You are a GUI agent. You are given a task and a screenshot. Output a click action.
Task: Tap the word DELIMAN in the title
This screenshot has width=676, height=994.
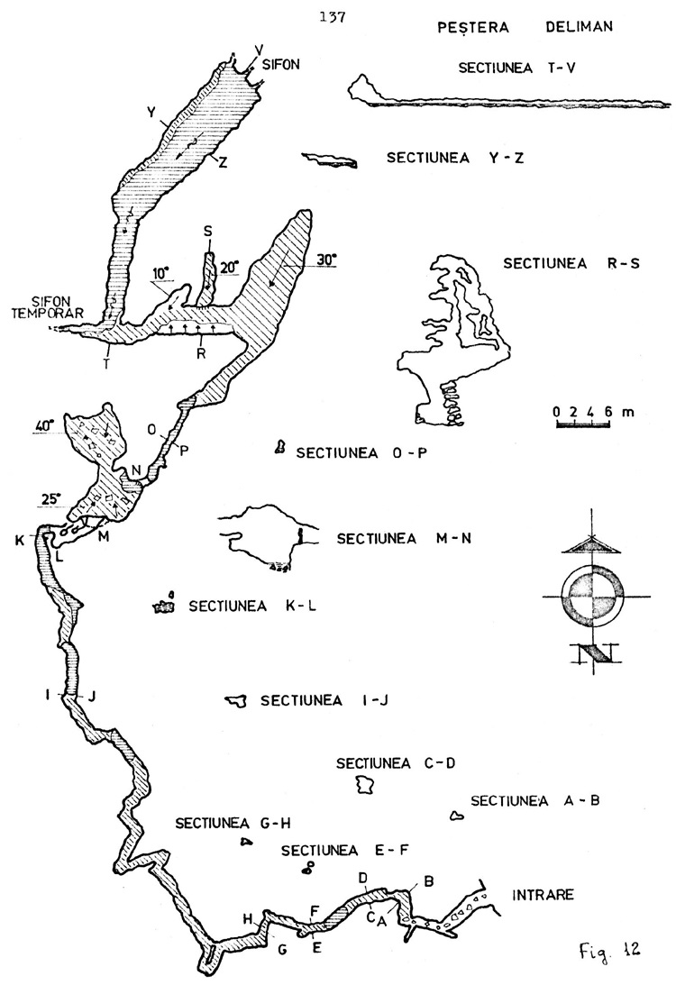click(579, 27)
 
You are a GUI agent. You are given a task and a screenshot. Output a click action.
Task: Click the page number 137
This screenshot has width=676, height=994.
click(333, 18)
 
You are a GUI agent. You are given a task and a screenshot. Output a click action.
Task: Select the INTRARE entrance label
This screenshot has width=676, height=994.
click(543, 895)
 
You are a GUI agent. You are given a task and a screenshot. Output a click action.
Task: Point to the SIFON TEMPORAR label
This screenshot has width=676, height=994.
click(48, 307)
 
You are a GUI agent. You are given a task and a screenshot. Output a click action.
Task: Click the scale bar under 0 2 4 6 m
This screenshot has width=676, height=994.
click(583, 424)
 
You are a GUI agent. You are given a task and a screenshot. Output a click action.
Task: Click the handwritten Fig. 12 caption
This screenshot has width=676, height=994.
click(608, 949)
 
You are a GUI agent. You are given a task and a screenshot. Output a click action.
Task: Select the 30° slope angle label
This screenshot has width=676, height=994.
click(326, 260)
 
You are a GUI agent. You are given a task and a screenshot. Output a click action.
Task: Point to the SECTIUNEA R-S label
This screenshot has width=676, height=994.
click(571, 263)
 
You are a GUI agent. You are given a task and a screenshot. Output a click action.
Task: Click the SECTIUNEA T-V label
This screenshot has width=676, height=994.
click(516, 68)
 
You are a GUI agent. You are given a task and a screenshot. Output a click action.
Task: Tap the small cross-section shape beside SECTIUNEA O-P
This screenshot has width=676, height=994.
click(278, 449)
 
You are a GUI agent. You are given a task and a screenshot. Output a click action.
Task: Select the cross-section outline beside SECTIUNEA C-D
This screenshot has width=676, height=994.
click(365, 785)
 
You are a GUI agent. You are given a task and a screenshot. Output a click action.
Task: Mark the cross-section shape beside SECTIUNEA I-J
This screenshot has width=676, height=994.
click(236, 700)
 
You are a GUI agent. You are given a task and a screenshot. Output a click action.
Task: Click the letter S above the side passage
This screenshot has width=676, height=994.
click(208, 232)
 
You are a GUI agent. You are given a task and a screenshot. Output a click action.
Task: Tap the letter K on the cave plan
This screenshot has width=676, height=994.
click(21, 540)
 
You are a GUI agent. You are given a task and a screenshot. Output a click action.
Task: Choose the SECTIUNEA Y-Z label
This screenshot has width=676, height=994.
click(455, 158)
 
